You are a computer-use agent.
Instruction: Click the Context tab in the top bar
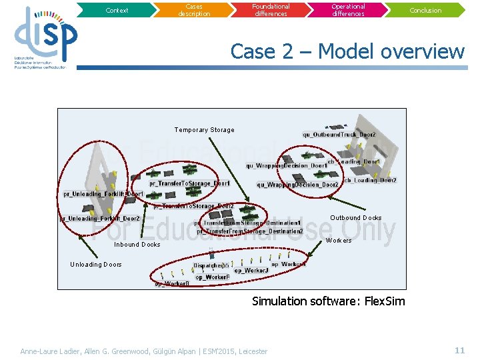117,10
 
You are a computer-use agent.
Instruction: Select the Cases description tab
194,10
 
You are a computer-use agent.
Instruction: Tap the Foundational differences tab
271,10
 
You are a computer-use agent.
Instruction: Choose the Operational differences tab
349,10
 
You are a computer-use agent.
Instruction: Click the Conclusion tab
425,10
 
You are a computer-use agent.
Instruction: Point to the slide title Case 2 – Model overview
347,51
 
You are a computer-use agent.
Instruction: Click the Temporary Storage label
205,130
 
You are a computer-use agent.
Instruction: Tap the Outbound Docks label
356,218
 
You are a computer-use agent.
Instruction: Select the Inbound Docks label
137,245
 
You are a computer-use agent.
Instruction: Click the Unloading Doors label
96,265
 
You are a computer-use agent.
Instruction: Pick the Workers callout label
339,241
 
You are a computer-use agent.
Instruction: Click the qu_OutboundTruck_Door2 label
339,135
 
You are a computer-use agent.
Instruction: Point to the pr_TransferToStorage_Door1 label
190,183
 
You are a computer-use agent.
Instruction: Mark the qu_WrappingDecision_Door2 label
297,185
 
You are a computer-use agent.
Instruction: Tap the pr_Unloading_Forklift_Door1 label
103,194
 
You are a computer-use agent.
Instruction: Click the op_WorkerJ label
251,270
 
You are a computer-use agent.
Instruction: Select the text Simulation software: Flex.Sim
328,301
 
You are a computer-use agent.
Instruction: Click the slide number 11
459,350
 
